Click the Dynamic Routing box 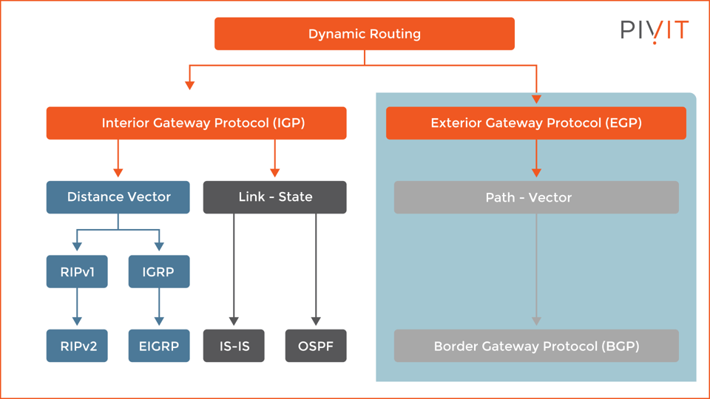[364, 34]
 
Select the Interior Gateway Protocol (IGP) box [196, 123]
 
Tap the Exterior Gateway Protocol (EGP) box [535, 123]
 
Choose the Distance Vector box [118, 197]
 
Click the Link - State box [274, 197]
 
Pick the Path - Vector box [535, 197]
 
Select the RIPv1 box [77, 272]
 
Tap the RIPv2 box [77, 346]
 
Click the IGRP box [158, 272]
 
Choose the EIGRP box [158, 346]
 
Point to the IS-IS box [234, 346]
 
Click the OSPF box [316, 346]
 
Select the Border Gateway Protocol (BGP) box [535, 346]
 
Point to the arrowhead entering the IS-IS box [234, 321]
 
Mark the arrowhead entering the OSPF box [316, 321]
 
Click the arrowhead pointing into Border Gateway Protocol [536, 321]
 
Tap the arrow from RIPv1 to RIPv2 [77, 307]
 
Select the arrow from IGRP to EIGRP [158, 307]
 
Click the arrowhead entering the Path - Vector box [536, 173]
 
